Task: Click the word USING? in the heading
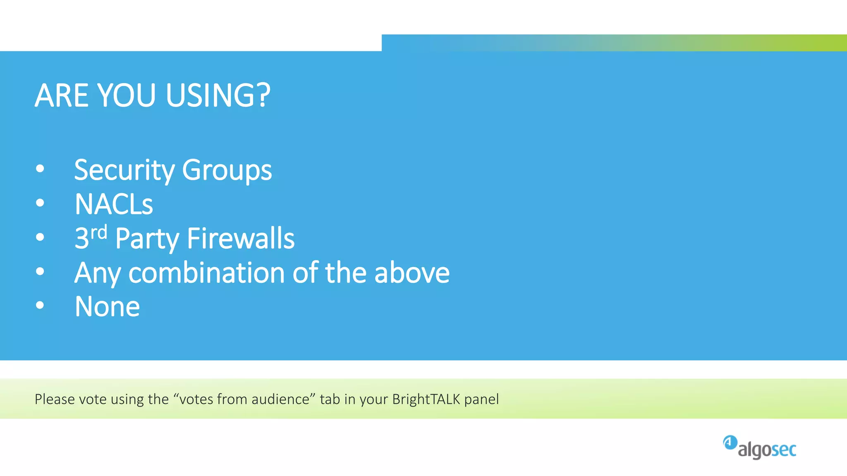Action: [x=218, y=95]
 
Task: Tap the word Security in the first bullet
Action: [x=124, y=170]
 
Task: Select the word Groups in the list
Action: [x=227, y=170]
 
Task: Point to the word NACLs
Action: [x=114, y=204]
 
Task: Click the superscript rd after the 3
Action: [x=99, y=233]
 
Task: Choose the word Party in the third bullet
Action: [x=147, y=238]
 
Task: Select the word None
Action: [x=107, y=307]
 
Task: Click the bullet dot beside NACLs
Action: [x=40, y=203]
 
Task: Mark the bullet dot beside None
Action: [x=40, y=305]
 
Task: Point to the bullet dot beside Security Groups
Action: [x=40, y=169]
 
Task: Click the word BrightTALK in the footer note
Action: [x=426, y=399]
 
